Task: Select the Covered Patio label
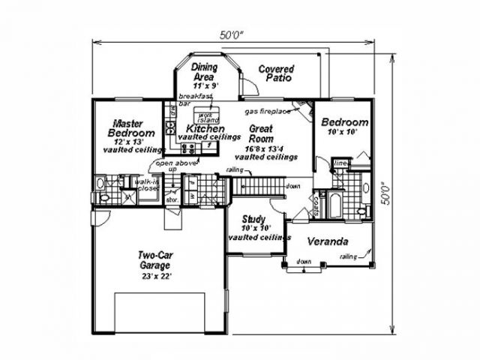[x=274, y=73]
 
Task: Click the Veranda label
[x=328, y=242]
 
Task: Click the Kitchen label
[x=205, y=129]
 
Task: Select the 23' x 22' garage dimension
[x=155, y=276]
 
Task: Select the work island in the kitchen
[x=207, y=115]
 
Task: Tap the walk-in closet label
[x=146, y=185]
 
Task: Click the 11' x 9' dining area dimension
[x=203, y=85]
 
